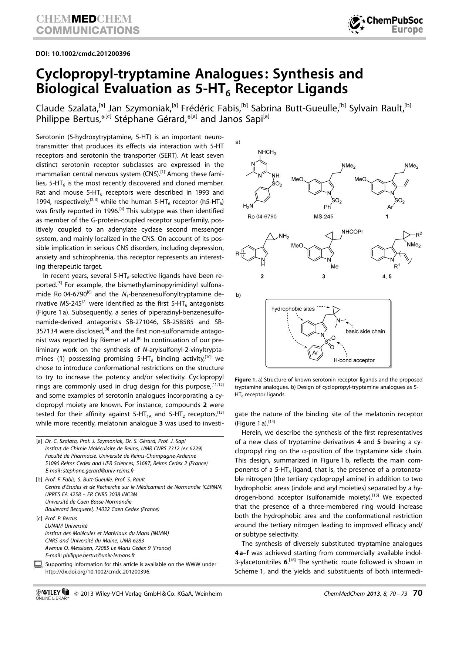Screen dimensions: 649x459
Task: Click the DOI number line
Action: [83, 54]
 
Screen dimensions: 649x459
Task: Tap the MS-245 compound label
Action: [323, 216]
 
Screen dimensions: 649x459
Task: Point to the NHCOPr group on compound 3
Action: [352, 232]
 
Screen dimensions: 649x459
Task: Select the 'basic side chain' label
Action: [365, 331]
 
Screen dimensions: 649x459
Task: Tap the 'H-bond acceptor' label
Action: [354, 360]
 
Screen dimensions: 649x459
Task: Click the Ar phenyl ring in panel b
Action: [315, 353]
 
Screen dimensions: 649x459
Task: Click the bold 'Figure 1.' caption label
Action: [246, 380]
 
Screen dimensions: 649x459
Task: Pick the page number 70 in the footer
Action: [417, 593]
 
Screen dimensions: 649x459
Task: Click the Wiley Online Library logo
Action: [52, 594]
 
